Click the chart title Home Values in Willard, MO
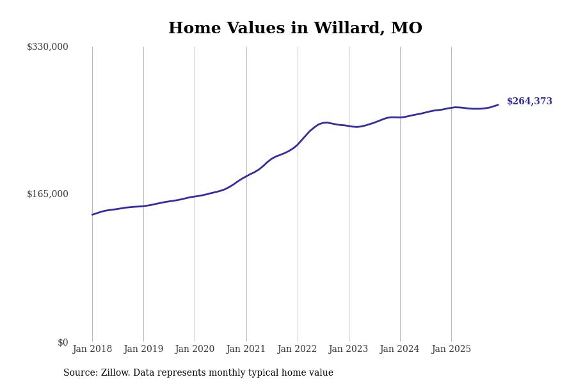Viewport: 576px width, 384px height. coord(295,29)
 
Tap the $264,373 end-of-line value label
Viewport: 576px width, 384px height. coord(529,102)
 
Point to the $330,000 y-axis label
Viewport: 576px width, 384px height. coord(47,47)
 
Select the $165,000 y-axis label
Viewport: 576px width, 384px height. coord(47,194)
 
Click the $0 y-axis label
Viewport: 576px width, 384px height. coord(63,342)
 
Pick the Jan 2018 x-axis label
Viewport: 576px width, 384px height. coord(92,349)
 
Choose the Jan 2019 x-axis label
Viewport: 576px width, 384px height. coord(143,349)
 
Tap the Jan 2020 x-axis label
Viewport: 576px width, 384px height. coord(195,349)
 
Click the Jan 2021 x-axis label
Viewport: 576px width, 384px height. coord(246,349)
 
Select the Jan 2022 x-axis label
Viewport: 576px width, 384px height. coord(297,349)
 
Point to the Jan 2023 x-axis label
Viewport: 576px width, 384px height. coord(348,349)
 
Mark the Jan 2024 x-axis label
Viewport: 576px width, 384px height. coord(399,349)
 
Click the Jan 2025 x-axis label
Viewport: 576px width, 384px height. coord(451,349)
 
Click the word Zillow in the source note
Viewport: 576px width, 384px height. coord(115,373)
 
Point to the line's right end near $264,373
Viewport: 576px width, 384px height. coord(498,105)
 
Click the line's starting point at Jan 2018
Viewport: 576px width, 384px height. coord(92,214)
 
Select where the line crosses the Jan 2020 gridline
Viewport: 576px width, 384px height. coord(195,196)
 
